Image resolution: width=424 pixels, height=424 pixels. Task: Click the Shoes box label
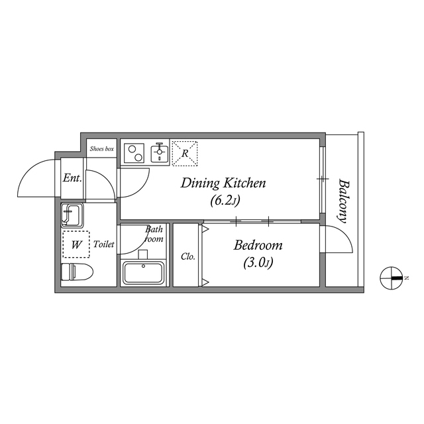click(102, 148)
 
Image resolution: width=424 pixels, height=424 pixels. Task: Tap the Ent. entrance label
click(72, 178)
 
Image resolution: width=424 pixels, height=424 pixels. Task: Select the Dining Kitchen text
click(223, 183)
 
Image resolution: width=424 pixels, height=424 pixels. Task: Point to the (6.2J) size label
click(225, 201)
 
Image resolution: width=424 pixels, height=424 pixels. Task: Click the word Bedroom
click(258, 245)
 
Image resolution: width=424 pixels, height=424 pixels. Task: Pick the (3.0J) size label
click(258, 262)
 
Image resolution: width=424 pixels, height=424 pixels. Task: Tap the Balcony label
click(343, 201)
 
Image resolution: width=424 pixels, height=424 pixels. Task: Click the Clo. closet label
click(188, 256)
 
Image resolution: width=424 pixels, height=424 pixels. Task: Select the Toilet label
click(104, 244)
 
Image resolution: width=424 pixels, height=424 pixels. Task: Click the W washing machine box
click(76, 244)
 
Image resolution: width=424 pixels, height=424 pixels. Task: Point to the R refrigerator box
click(185, 153)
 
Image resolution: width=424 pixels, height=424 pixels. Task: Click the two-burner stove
click(134, 153)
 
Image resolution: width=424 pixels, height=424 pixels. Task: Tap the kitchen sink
click(160, 153)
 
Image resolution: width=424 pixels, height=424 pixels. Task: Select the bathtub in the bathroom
click(143, 272)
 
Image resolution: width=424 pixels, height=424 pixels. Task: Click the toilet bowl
click(77, 272)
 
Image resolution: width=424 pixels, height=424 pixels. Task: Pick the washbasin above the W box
click(72, 215)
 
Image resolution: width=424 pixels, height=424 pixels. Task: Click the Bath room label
click(154, 234)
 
